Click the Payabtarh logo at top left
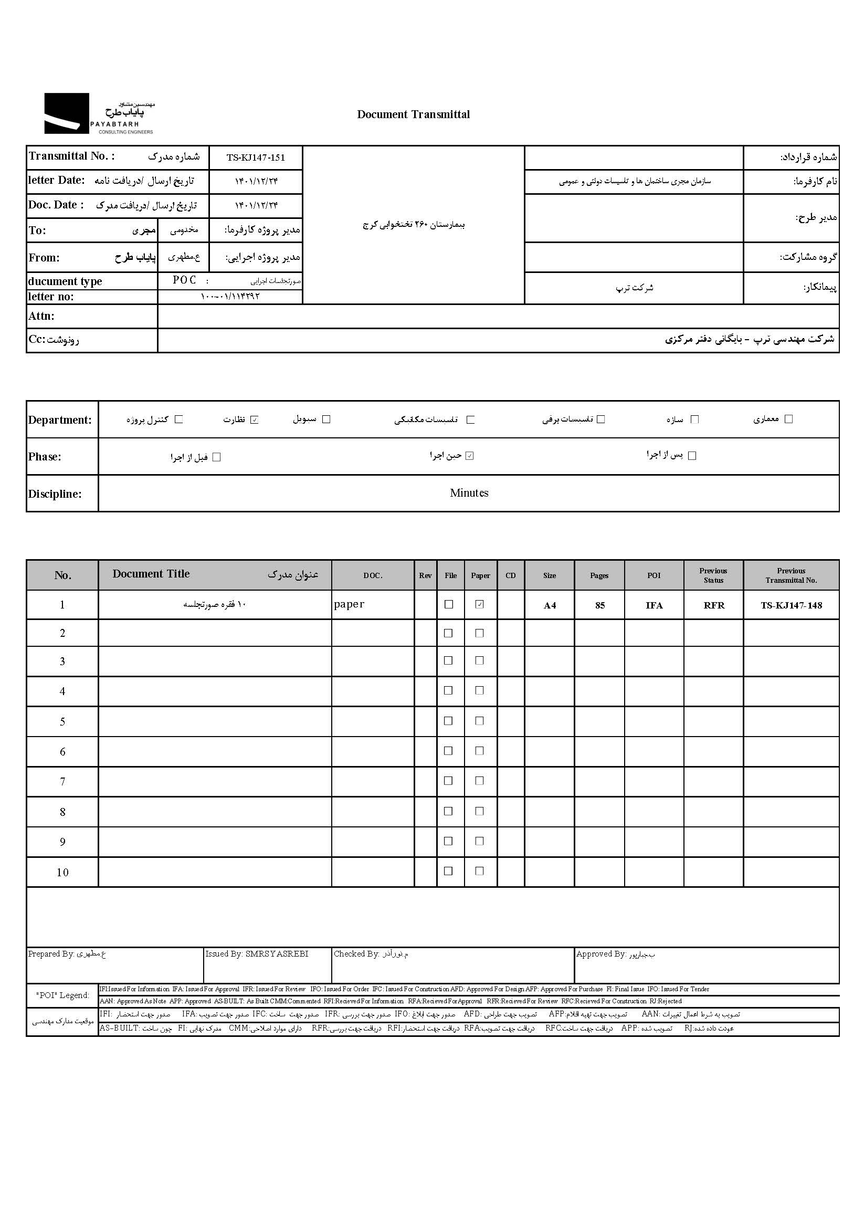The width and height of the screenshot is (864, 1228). click(x=99, y=113)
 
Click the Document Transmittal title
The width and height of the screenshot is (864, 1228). click(x=413, y=114)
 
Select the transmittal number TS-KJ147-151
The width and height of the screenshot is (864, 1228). click(x=256, y=158)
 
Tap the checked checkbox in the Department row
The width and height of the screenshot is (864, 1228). click(x=255, y=420)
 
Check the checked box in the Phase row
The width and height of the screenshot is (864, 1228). click(x=469, y=456)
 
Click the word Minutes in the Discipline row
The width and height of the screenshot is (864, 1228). click(x=469, y=493)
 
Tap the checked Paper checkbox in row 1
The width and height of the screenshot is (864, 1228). click(x=480, y=604)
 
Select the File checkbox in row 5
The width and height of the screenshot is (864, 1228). click(x=449, y=721)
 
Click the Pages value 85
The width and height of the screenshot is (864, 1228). click(x=600, y=605)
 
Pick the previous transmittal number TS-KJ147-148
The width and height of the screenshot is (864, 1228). click(x=791, y=605)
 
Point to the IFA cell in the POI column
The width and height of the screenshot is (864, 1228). click(x=654, y=605)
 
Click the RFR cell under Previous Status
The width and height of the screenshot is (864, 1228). click(x=714, y=605)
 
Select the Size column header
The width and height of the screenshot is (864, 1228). click(x=550, y=575)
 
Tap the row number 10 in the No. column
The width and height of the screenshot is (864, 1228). click(x=62, y=873)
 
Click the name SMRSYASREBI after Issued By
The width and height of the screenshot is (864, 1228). click(x=277, y=954)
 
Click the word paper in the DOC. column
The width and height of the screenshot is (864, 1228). click(x=349, y=604)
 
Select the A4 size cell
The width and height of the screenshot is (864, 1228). click(x=550, y=605)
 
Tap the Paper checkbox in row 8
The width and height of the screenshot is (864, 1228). click(x=480, y=811)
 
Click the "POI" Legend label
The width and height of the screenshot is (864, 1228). click(x=62, y=995)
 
